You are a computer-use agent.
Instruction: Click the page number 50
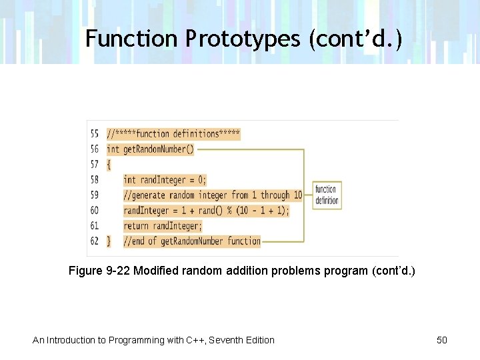[x=442, y=340]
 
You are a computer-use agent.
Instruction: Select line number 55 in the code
[x=94, y=134]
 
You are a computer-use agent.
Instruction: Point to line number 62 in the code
[x=94, y=241]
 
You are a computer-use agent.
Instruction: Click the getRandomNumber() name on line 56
[x=158, y=149]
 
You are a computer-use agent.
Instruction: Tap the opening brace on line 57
[x=109, y=165]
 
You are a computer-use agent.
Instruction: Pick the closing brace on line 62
[x=109, y=241]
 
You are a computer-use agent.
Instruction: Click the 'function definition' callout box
[x=326, y=195]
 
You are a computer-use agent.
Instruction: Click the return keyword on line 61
[x=137, y=226]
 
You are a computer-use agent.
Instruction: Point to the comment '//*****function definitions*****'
[x=173, y=134]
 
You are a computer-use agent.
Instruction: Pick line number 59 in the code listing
[x=94, y=195]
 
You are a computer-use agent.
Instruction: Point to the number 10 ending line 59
[x=297, y=195]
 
